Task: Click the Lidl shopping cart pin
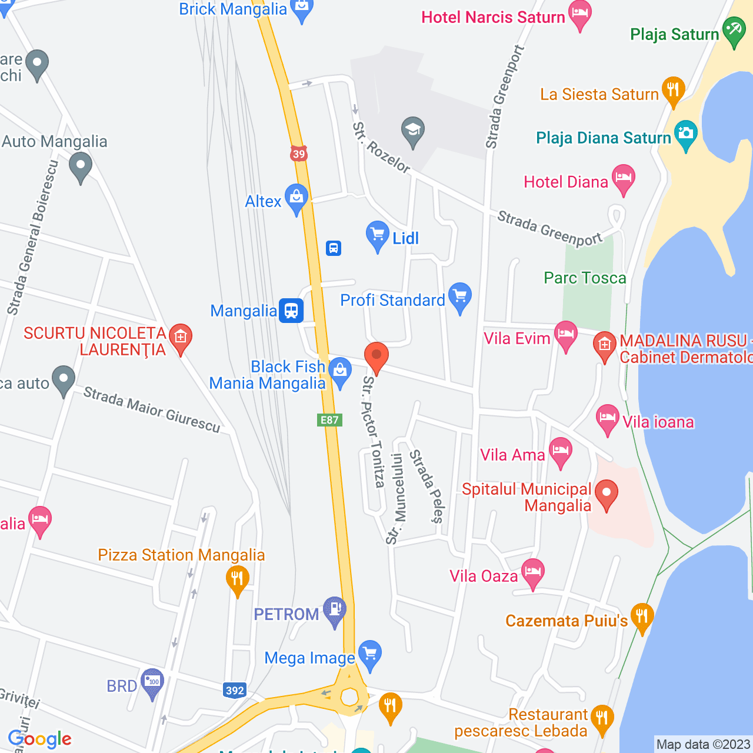(x=377, y=235)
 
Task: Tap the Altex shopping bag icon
(x=296, y=198)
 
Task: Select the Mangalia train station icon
(x=291, y=311)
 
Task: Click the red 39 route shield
(x=299, y=154)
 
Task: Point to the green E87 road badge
(x=329, y=419)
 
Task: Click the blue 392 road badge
(x=235, y=691)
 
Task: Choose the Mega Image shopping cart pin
(x=370, y=654)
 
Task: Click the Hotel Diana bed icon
(x=623, y=178)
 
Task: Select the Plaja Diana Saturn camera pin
(x=686, y=134)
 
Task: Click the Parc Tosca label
(x=585, y=278)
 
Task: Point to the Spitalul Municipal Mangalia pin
(x=606, y=494)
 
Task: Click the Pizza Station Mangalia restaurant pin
(x=238, y=579)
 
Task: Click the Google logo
(x=40, y=739)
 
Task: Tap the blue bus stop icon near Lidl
(x=334, y=248)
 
